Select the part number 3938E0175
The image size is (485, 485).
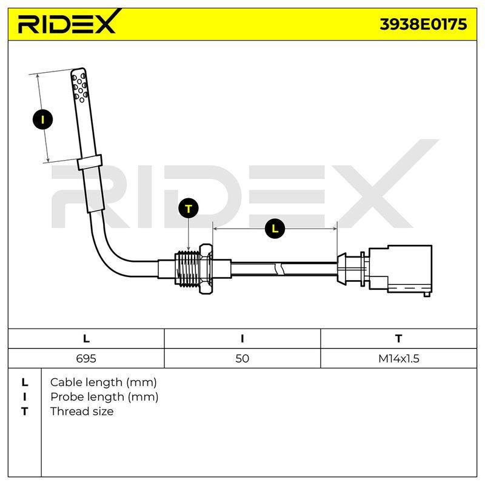[423, 24]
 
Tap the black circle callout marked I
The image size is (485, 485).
[42, 119]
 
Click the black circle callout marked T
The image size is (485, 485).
[189, 209]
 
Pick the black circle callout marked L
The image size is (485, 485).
[275, 229]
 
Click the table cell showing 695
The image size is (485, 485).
[86, 358]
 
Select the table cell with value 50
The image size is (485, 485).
[242, 358]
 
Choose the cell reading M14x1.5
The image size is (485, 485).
[399, 358]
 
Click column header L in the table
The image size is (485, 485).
[86, 339]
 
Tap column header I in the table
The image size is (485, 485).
[242, 339]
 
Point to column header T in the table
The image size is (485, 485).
[399, 339]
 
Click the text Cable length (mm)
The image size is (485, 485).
[103, 383]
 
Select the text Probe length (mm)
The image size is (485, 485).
[104, 397]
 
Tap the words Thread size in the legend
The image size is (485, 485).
[82, 412]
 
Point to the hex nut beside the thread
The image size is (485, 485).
[206, 269]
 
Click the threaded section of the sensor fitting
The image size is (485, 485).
[187, 269]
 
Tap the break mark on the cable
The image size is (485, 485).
[280, 269]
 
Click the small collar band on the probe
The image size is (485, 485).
[90, 162]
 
